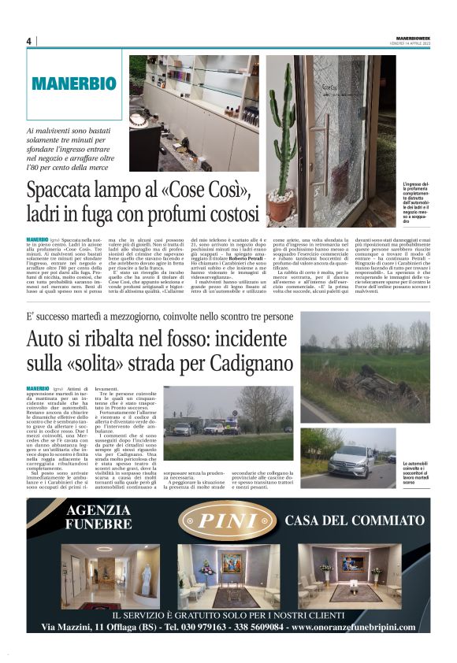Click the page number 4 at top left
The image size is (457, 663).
(29, 41)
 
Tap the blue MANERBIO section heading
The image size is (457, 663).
(74, 83)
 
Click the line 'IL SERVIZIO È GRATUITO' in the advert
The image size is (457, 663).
(228, 614)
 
